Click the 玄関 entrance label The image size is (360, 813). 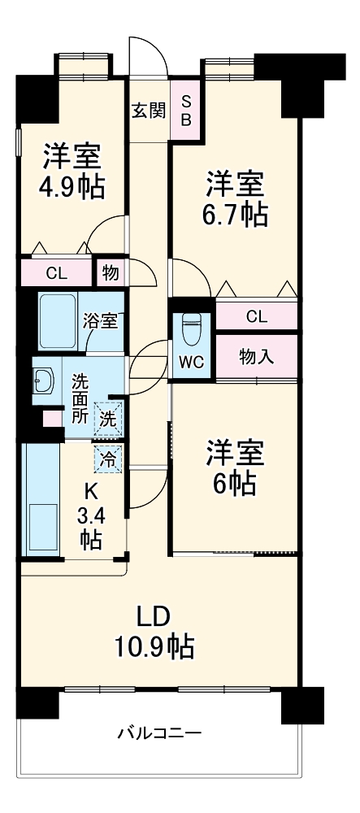[x=149, y=110]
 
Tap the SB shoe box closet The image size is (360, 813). [x=186, y=109]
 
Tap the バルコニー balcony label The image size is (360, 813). [x=158, y=733]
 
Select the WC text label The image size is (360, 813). [x=191, y=363]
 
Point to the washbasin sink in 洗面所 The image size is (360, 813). [x=44, y=380]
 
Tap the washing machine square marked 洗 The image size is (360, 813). [x=109, y=419]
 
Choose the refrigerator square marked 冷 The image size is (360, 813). [x=109, y=458]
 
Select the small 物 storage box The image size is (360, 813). [x=110, y=274]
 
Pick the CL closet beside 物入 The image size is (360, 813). [x=255, y=316]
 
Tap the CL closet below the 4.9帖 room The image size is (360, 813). [x=57, y=273]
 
